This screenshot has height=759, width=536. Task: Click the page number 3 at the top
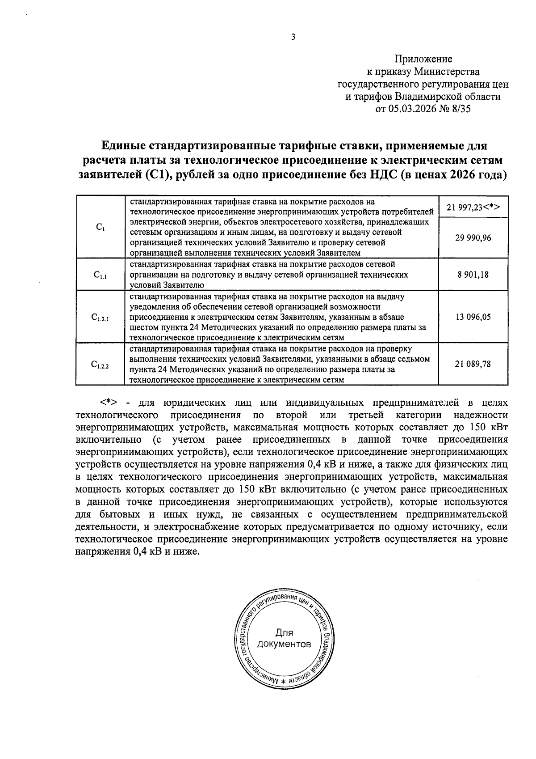[x=293, y=38]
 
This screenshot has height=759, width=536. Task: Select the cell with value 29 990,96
[x=473, y=238]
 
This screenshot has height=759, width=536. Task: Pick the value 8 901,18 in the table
[x=473, y=275]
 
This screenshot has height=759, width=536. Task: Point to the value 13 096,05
[x=473, y=317]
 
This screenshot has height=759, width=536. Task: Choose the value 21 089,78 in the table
[x=473, y=364]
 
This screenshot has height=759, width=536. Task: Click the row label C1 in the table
[x=100, y=227]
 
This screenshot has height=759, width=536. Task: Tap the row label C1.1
[x=100, y=275]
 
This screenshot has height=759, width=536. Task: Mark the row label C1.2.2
[x=100, y=365]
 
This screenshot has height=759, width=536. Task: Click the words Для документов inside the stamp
[x=284, y=639]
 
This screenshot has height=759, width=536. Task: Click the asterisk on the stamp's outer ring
[x=283, y=682]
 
